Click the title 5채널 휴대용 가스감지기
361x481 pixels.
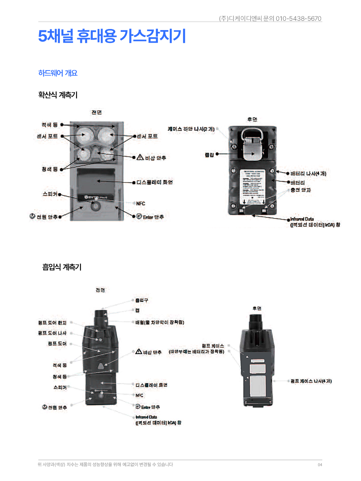112,36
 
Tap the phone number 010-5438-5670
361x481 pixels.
298,19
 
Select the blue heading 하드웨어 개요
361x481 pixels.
58,73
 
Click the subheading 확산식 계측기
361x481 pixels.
58,95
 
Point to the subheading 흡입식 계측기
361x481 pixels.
62,267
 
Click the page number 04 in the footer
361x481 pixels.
320,465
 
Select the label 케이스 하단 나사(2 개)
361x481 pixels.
191,129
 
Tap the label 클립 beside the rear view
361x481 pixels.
209,155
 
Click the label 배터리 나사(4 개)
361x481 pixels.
308,174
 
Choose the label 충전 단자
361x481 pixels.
300,190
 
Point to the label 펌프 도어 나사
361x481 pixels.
52,333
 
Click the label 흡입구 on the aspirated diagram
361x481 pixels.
141,300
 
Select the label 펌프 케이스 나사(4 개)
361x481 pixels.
311,381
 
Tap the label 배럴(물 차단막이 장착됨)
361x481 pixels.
160,322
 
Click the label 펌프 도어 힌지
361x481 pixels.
52,323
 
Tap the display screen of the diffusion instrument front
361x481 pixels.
96,181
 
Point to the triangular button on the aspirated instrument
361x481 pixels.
101,366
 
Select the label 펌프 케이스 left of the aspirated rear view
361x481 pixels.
213,346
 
